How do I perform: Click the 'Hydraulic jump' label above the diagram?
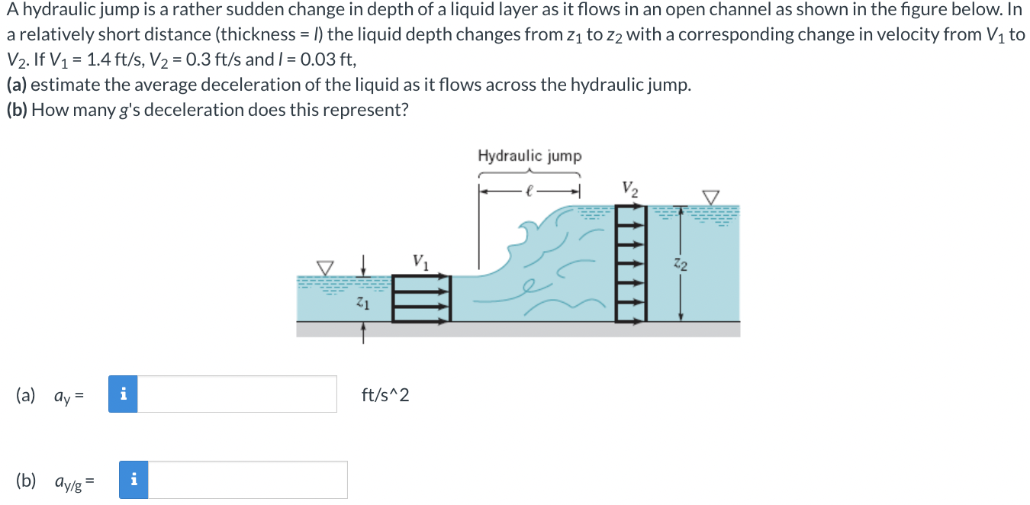pos(529,156)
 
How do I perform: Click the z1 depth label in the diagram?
pos(363,304)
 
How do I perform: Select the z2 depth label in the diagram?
pos(681,265)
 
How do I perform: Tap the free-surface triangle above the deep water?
pos(711,198)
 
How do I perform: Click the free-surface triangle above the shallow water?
pos(326,268)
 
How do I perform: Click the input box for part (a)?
pos(237,394)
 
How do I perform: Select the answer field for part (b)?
pos(247,480)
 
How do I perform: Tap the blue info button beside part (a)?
pos(123,394)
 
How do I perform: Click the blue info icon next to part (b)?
pos(134,480)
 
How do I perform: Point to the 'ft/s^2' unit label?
pos(385,395)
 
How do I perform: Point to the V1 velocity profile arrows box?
pos(422,300)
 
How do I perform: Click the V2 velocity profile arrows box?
pos(630,264)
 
